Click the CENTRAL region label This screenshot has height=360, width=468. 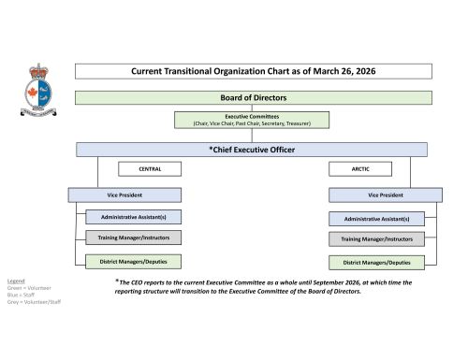(150, 169)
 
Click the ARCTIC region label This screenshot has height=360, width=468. (360, 169)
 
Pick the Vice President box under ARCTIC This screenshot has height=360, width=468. (385, 194)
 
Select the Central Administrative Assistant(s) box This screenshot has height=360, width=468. (134, 217)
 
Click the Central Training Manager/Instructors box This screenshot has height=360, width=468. (134, 239)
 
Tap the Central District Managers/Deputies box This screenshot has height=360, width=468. (134, 262)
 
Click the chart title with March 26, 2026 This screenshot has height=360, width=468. (253, 71)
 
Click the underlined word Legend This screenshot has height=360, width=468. (16, 281)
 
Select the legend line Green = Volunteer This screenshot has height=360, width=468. (28, 288)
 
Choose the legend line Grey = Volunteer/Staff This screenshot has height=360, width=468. (33, 303)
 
